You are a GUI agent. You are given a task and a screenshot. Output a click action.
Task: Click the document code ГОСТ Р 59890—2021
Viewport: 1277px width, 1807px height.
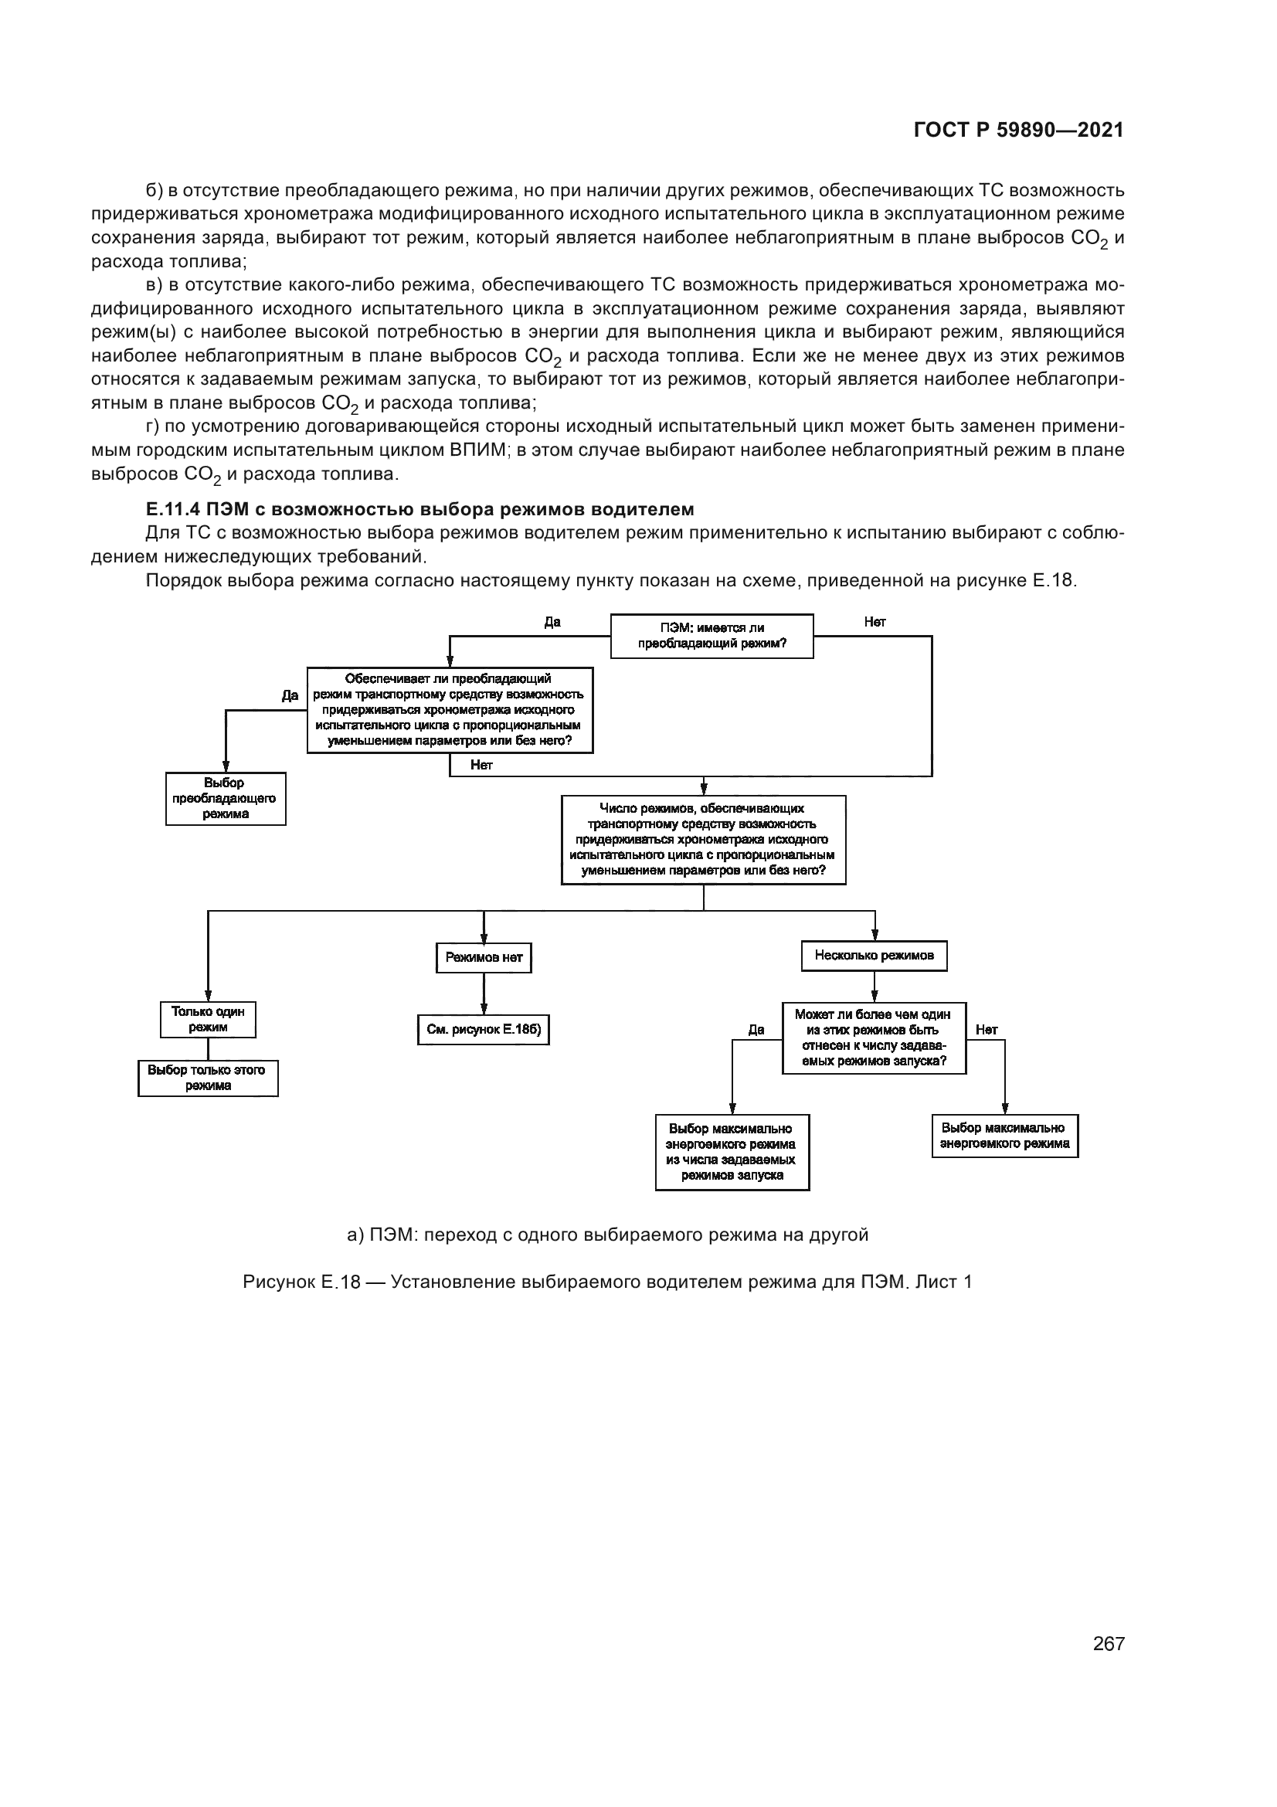(x=1018, y=130)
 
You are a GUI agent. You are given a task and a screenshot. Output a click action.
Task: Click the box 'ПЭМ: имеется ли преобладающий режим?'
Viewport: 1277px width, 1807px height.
(x=712, y=636)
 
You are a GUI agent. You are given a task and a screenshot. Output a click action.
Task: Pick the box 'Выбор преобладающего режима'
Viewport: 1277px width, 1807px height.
(x=225, y=798)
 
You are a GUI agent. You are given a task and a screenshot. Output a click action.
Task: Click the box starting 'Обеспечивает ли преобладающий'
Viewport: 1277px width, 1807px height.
(x=450, y=711)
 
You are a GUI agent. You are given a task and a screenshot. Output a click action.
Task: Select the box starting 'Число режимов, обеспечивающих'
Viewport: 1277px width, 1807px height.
(x=704, y=840)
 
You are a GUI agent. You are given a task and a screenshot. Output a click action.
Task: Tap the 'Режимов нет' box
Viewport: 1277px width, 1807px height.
(x=483, y=957)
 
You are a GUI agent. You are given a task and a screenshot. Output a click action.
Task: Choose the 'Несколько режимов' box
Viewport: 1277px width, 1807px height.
(x=875, y=956)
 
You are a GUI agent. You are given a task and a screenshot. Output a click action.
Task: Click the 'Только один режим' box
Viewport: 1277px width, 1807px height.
(x=208, y=1019)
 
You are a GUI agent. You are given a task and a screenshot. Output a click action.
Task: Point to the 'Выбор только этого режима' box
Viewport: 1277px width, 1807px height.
(x=208, y=1078)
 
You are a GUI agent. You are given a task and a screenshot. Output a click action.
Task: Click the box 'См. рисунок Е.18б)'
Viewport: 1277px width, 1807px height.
(x=483, y=1029)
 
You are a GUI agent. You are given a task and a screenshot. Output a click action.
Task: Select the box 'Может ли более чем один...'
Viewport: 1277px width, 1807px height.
(x=874, y=1038)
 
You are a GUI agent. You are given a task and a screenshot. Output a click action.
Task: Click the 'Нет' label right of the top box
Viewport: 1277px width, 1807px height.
(x=875, y=622)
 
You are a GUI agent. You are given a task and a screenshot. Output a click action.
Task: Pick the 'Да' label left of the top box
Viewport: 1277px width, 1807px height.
(x=552, y=622)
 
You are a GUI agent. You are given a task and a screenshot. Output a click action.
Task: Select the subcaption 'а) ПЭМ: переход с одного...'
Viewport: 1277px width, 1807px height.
(x=607, y=1235)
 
